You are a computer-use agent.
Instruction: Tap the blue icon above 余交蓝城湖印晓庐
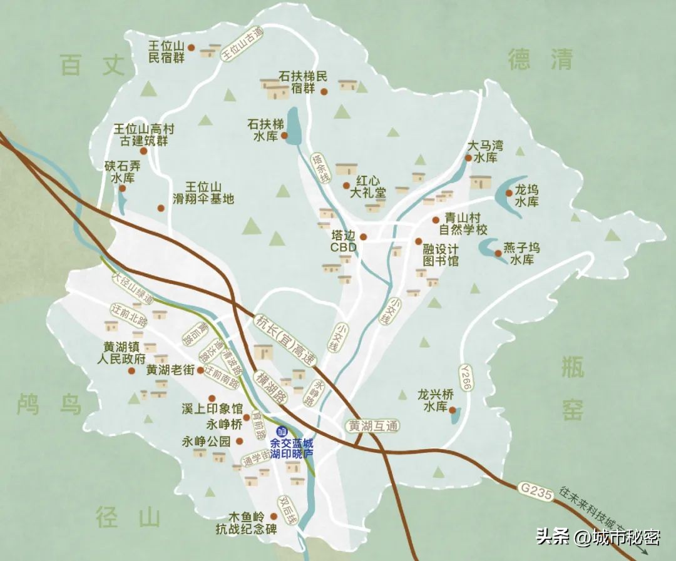(282, 431)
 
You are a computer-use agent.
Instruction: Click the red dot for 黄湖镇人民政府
(131, 371)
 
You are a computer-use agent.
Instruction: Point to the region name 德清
(540, 60)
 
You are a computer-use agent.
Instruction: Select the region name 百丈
(93, 64)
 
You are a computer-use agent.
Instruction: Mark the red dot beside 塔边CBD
(363, 237)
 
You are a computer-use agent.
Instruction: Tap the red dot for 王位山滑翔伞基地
(161, 208)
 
